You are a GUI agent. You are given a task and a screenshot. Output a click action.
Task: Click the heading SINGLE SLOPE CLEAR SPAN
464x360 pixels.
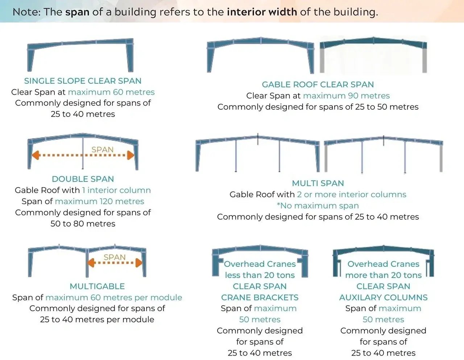(83, 81)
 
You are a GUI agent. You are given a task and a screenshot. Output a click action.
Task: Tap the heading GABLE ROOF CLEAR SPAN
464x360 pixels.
(318, 84)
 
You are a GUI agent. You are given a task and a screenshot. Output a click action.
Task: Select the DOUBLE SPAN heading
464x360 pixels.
(83, 179)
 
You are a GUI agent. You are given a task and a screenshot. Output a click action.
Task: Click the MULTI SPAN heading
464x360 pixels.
(318, 183)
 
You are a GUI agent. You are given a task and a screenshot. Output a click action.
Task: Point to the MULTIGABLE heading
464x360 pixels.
(97, 286)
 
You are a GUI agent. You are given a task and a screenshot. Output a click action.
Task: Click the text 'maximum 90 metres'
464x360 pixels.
(346, 96)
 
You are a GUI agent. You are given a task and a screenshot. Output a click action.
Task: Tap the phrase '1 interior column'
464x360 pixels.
(116, 190)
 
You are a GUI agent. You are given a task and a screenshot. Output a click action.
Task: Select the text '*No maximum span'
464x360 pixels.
(318, 206)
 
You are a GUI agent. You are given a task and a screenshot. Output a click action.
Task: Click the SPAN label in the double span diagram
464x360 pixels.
(102, 149)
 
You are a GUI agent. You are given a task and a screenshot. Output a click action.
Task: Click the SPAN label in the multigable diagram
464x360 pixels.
(115, 257)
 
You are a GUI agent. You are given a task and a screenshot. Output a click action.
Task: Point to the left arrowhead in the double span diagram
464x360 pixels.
(35, 156)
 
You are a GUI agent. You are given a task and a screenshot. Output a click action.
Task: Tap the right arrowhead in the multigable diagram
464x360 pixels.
(139, 263)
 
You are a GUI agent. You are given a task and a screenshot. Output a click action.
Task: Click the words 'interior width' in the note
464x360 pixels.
(262, 12)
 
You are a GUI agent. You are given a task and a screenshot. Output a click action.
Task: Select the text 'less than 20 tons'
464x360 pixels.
(260, 275)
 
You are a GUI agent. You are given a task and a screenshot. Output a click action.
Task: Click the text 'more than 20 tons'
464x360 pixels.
(383, 275)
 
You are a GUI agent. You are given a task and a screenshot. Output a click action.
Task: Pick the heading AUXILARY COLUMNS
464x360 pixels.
(383, 298)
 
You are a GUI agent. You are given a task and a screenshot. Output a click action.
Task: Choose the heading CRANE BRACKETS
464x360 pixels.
(260, 298)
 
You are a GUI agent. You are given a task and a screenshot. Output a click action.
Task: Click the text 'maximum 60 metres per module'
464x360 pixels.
(114, 298)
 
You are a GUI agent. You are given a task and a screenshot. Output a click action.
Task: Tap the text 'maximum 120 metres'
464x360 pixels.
(99, 202)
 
